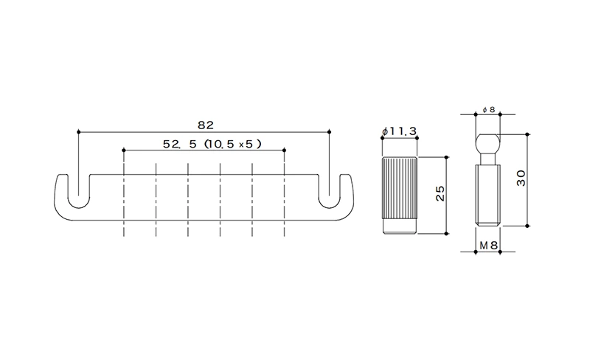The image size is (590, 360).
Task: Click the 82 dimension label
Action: tap(206, 125)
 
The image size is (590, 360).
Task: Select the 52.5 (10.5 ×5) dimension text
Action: tap(212, 144)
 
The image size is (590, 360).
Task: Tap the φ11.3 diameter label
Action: tap(399, 131)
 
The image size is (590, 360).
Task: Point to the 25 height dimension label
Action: tap(440, 193)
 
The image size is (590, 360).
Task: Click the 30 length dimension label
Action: tap(521, 178)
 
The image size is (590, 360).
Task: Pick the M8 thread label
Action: tap(488, 246)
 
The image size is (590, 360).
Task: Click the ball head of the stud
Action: tap(488, 142)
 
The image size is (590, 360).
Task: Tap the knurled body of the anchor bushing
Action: tap(399, 190)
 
